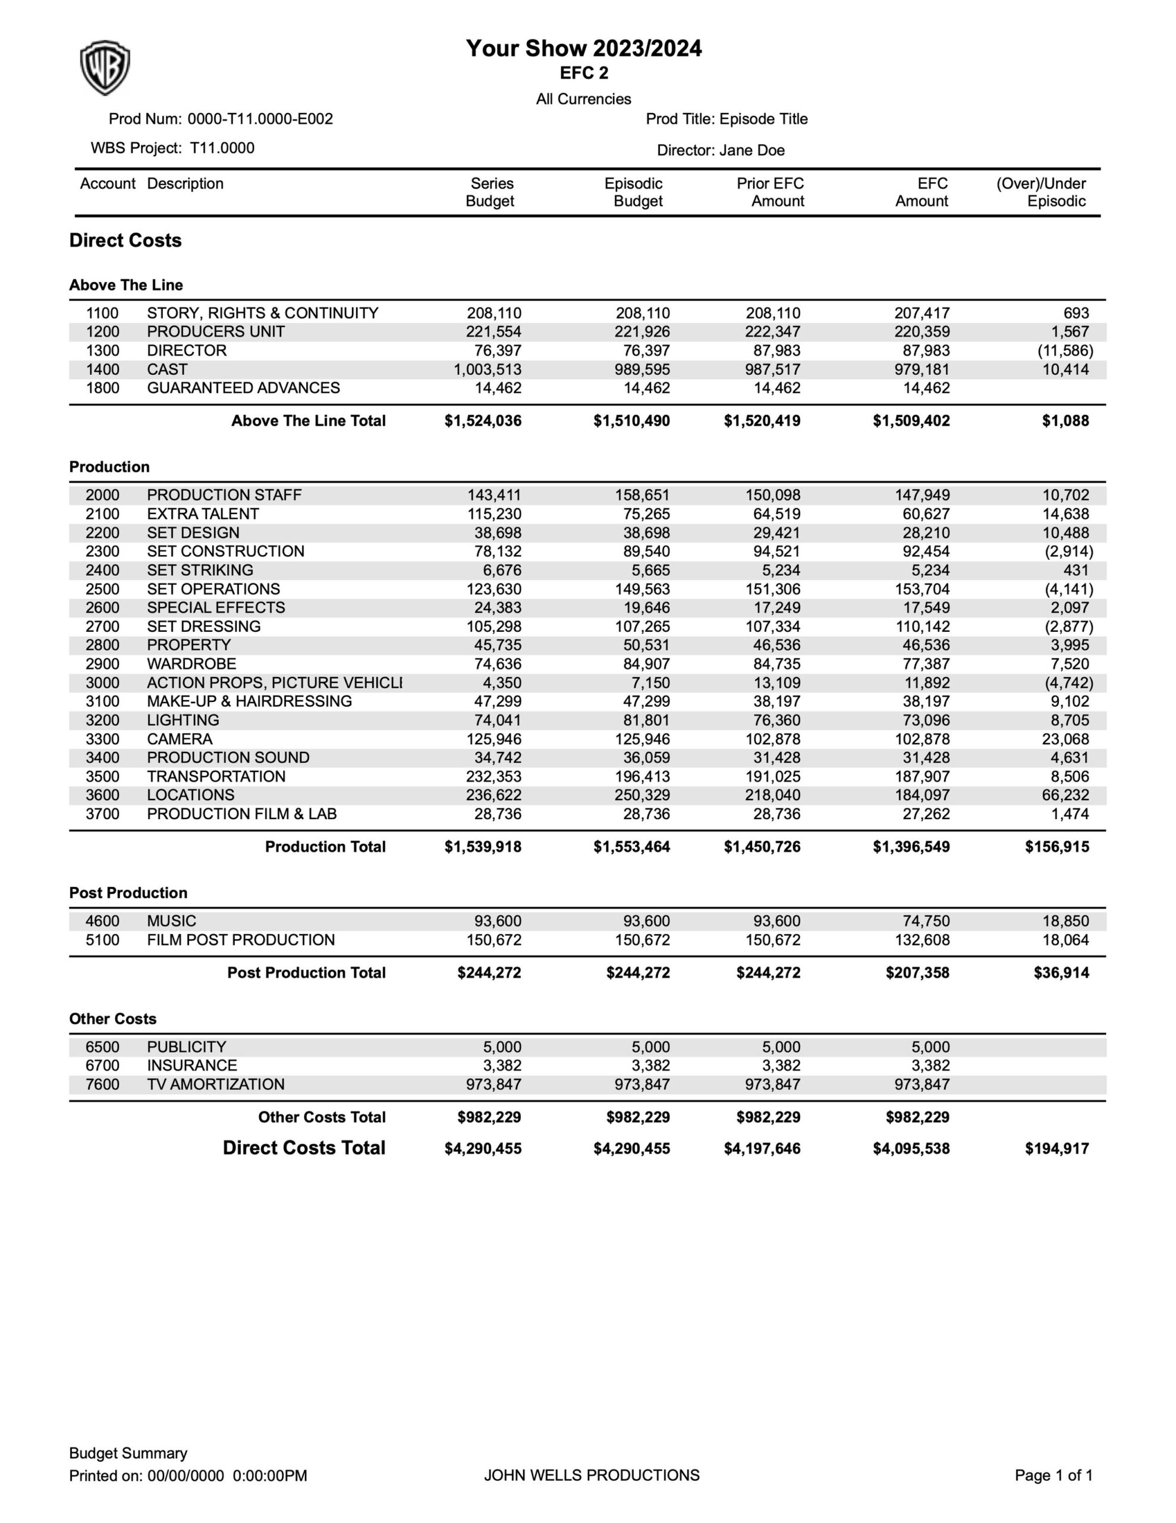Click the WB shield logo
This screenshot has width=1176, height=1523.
(x=105, y=68)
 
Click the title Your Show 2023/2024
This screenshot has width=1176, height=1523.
(x=583, y=48)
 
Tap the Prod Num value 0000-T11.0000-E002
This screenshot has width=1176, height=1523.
(x=260, y=118)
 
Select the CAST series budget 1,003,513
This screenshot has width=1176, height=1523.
(x=488, y=369)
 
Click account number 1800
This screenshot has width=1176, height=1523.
(x=102, y=388)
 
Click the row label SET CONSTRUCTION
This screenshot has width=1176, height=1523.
(x=225, y=551)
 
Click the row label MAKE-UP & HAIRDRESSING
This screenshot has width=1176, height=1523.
(x=249, y=701)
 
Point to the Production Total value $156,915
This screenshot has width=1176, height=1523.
(x=1057, y=847)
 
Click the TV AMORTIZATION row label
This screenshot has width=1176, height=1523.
(x=215, y=1085)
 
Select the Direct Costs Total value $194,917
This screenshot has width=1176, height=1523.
(x=1057, y=1149)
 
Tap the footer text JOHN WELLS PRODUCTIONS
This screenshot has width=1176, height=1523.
(x=591, y=1475)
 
